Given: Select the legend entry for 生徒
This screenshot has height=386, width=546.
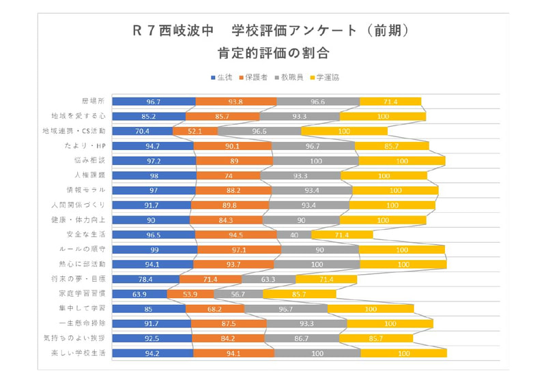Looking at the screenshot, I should (x=221, y=78).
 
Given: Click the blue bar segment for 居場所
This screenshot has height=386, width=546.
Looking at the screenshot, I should (x=154, y=102).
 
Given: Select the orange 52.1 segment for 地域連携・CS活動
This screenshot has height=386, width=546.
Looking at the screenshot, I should (x=195, y=131).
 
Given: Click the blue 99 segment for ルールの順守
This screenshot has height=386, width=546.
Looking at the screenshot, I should (x=155, y=250).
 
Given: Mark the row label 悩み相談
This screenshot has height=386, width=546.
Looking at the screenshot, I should (x=92, y=160).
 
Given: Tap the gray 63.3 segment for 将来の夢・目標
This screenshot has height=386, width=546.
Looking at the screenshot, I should (x=268, y=279).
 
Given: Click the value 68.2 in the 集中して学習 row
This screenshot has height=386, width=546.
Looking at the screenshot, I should (x=214, y=309).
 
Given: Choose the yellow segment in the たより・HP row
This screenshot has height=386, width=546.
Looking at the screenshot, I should (x=392, y=146).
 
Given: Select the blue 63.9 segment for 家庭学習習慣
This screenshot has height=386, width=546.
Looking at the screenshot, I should (x=139, y=294).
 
